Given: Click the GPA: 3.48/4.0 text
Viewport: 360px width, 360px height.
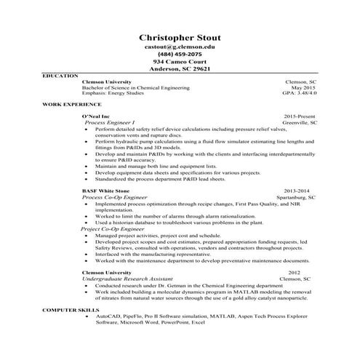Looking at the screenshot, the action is pos(299,94).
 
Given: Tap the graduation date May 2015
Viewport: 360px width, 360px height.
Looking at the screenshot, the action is pos(304,88).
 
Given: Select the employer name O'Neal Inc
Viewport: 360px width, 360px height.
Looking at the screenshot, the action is pos(95,116).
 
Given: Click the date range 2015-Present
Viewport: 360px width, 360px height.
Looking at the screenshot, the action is pos(300,116).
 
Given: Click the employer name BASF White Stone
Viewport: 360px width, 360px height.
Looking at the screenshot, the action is pos(106,191).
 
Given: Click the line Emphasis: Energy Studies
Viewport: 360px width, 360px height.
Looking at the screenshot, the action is pos(114,94).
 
